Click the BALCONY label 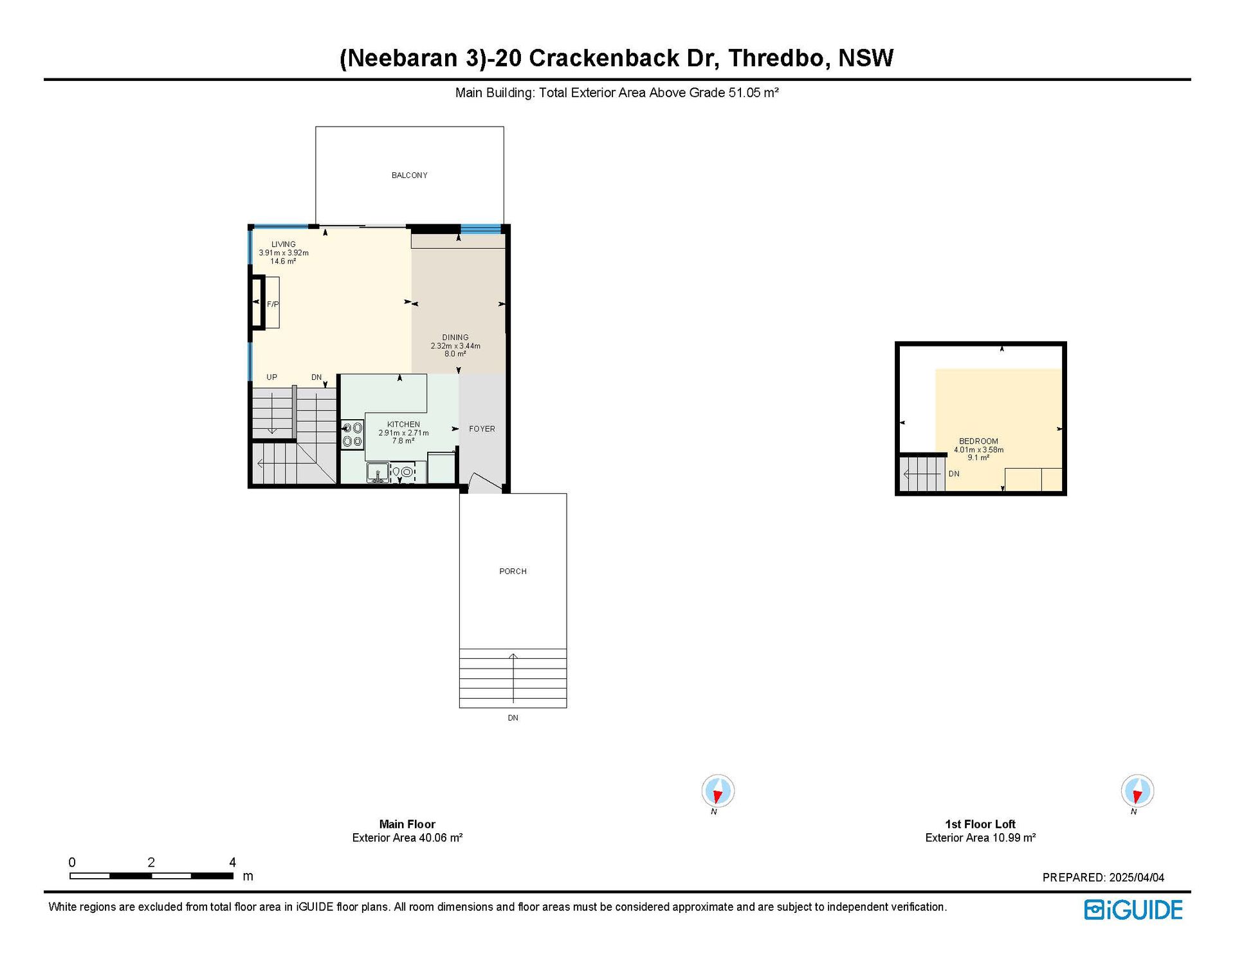409,175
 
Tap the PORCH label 513,571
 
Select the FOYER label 482,429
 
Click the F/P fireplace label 273,304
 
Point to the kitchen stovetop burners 352,434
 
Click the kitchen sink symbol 378,473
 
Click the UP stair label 271,377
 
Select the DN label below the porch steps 513,717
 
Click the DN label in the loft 954,474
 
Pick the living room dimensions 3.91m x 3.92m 284,253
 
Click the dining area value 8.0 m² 455,354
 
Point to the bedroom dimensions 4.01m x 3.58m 978,449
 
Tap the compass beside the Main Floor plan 718,791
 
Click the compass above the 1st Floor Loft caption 1137,791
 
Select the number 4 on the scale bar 232,862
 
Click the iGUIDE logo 1133,910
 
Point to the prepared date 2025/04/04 1137,878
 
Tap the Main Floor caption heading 407,824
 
